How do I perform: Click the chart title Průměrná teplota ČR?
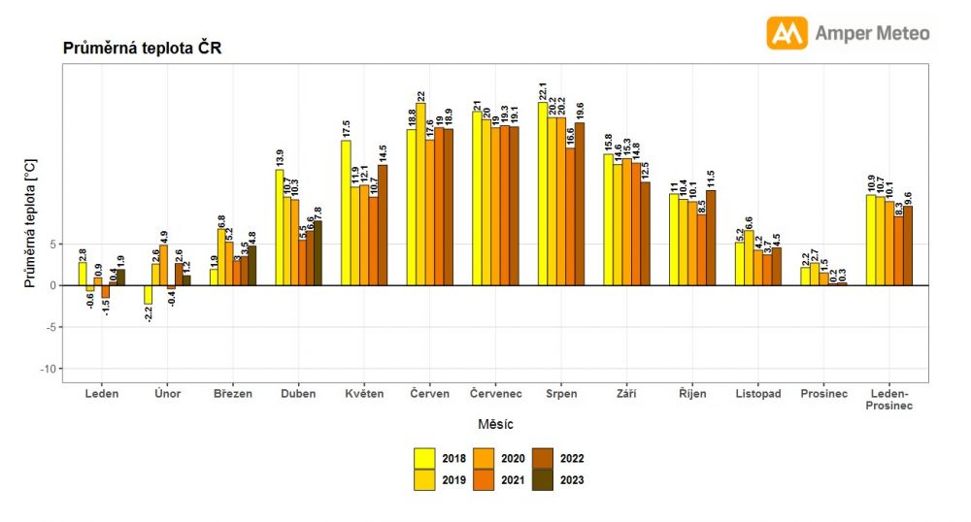click(x=143, y=48)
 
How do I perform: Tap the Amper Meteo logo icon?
click(x=787, y=33)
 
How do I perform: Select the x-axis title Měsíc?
click(x=495, y=424)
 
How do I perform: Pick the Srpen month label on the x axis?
click(x=561, y=394)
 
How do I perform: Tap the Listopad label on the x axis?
click(x=757, y=394)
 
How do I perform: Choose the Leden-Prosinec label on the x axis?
click(x=888, y=400)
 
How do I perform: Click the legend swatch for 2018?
click(x=424, y=458)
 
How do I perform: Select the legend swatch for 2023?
click(x=543, y=479)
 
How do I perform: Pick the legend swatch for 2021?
click(x=484, y=479)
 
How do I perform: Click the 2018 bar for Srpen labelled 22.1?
click(x=543, y=194)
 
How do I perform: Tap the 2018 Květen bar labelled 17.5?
click(x=346, y=213)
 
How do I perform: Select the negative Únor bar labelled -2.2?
click(x=149, y=295)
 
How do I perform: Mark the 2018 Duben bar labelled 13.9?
click(x=280, y=228)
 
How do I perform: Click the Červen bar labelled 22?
click(x=420, y=194)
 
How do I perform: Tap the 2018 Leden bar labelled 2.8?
click(x=83, y=274)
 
